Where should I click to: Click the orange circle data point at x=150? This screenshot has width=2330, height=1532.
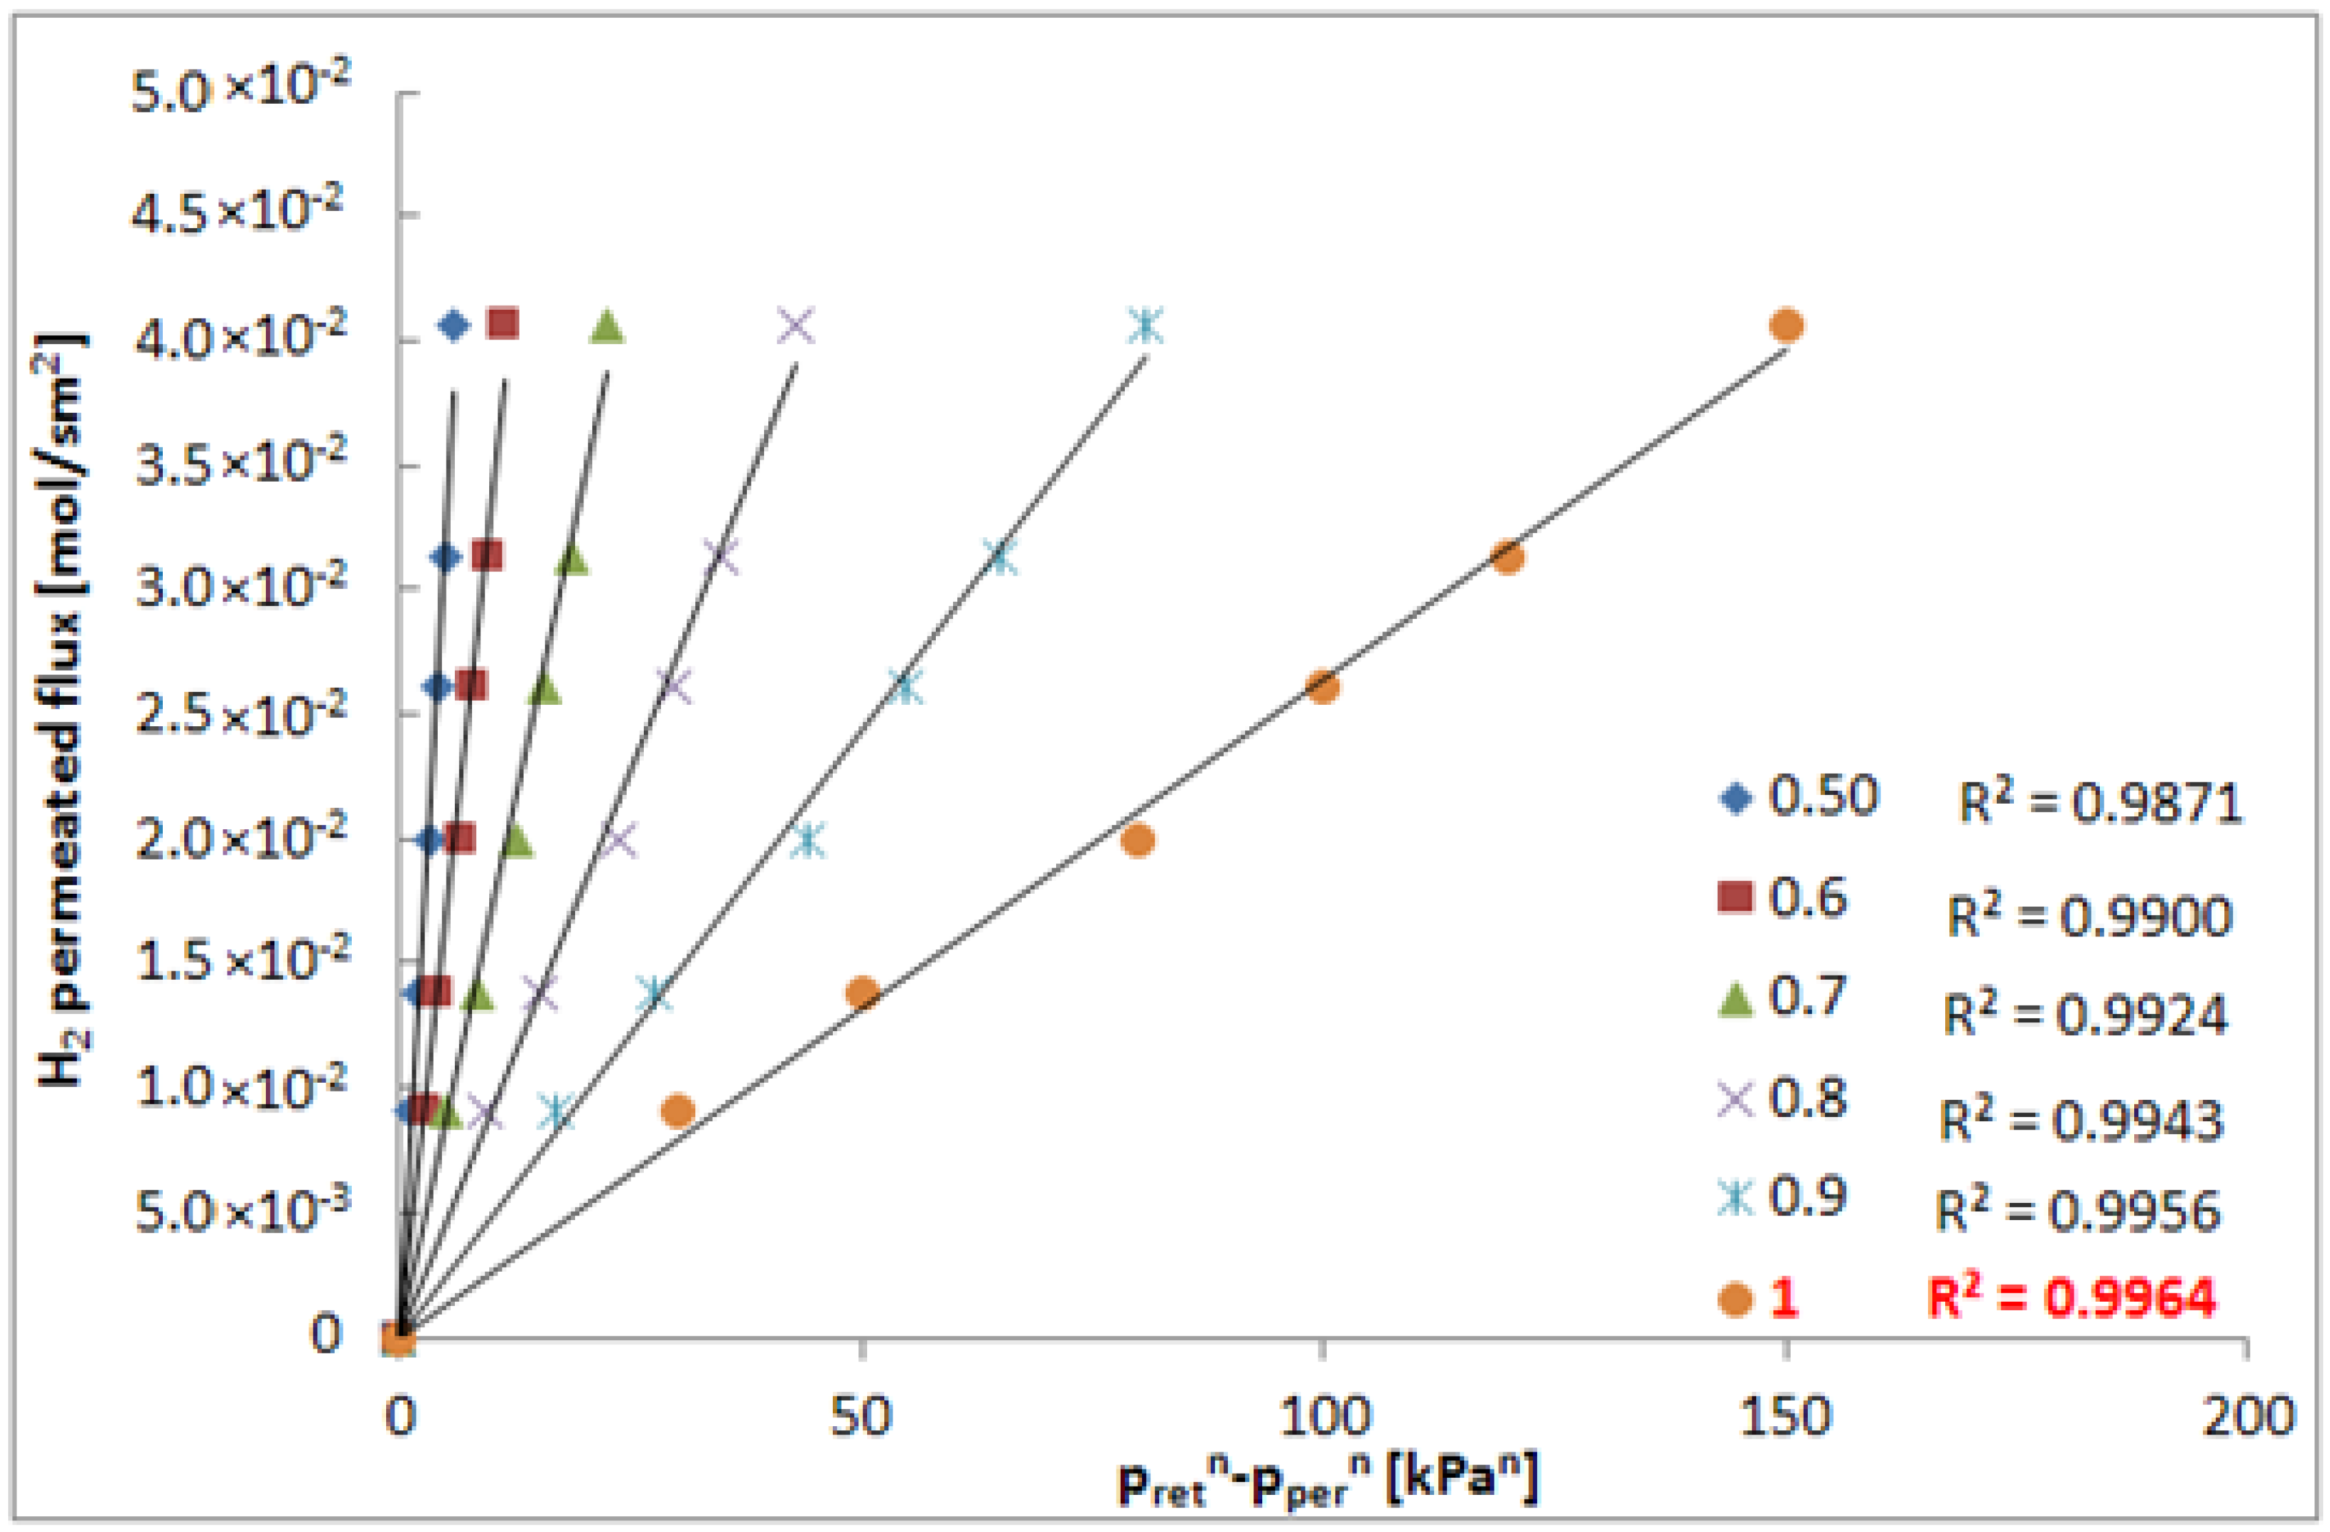(1786, 325)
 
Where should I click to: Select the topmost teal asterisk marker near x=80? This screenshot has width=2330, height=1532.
(1145, 326)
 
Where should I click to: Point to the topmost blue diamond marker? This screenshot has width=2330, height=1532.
(453, 325)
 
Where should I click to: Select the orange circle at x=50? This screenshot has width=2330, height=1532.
(862, 993)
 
